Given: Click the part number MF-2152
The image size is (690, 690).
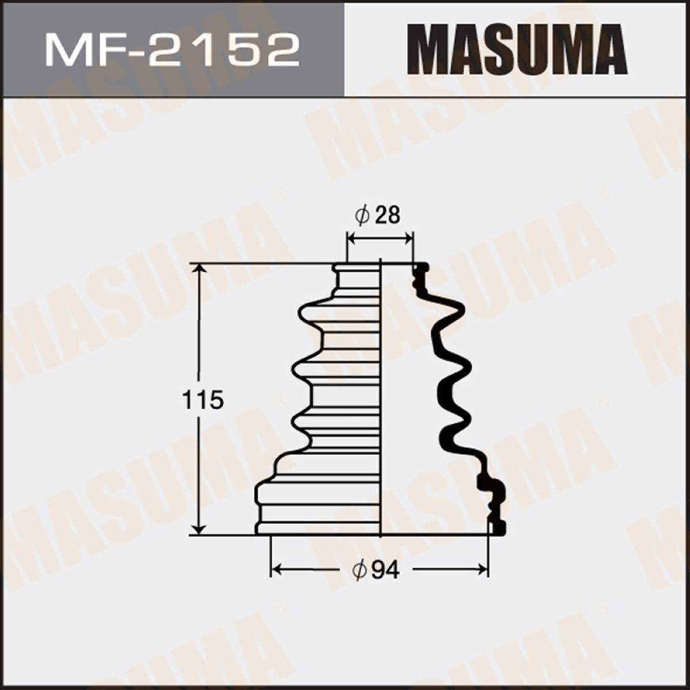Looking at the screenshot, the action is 171,52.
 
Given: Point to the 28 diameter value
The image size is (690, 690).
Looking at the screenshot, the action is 388,216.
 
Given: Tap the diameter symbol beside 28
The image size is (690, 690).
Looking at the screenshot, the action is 362,216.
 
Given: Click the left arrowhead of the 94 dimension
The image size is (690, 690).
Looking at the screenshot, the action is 278,568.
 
